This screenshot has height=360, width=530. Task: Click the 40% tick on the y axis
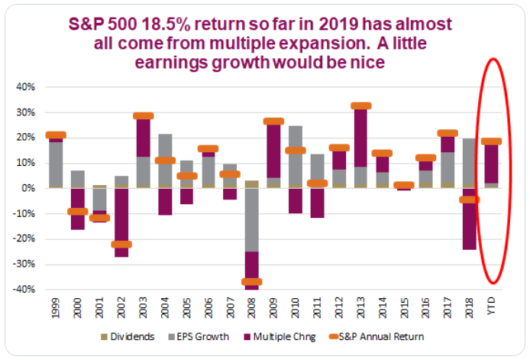pos(26,87)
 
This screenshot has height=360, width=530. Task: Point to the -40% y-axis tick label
pos(24,290)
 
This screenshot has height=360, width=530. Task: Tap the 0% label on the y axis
pos(29,188)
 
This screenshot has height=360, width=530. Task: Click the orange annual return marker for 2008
pos(251,282)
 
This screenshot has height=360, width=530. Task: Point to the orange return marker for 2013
pos(360,106)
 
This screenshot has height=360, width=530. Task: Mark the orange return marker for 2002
pos(121,245)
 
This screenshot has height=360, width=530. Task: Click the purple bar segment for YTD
pos(492,163)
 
